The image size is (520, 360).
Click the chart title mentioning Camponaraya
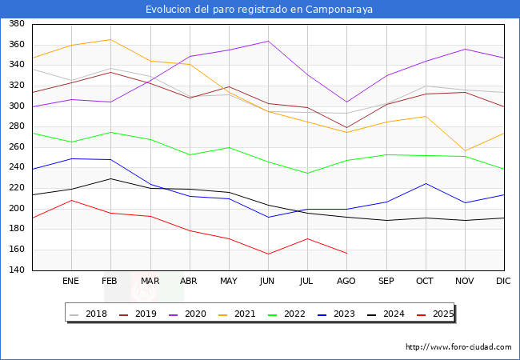click(259, 10)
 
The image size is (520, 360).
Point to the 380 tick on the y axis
click(15, 25)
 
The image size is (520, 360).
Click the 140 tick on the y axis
click(15, 270)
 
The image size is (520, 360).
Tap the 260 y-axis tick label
click(15, 147)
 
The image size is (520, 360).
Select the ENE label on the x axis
click(71, 282)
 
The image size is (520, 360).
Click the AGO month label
click(346, 282)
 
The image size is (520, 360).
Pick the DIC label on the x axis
click(503, 282)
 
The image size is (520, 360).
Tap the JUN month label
click(268, 282)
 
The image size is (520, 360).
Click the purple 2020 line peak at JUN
click(268, 41)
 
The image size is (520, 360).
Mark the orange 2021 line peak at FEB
click(111, 39)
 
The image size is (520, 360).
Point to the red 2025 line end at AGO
click(346, 254)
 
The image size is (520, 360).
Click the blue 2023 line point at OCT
click(426, 183)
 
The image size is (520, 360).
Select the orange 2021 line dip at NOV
click(465, 151)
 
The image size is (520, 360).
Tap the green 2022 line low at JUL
click(307, 174)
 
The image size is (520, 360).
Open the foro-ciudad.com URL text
click(458, 347)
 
